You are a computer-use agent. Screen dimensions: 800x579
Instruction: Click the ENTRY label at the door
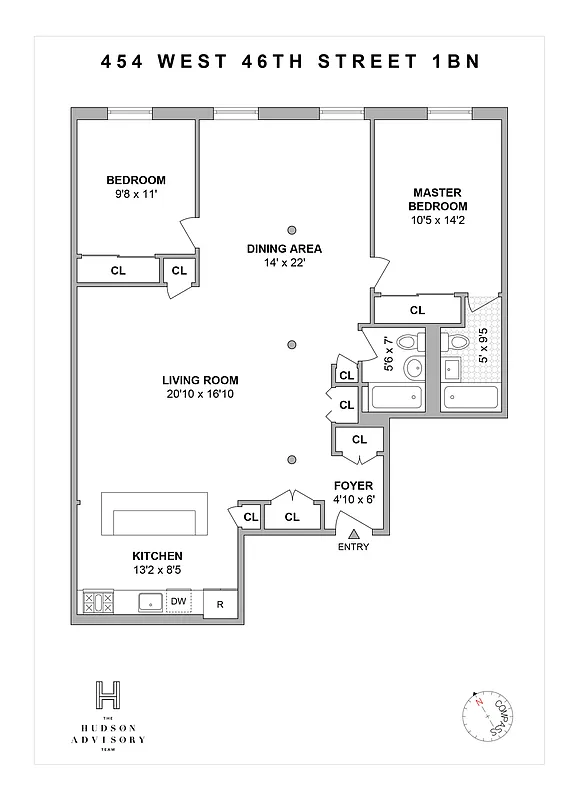click(353, 547)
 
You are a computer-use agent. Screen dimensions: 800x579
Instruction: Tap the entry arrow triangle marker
click(353, 534)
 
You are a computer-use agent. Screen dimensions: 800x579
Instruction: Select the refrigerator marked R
click(220, 603)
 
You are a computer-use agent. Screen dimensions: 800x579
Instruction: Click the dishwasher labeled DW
click(179, 601)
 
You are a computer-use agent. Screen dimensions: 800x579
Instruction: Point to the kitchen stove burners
click(98, 602)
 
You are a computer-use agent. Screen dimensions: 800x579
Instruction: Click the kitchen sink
click(149, 602)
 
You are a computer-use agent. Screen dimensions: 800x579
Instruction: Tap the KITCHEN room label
click(157, 556)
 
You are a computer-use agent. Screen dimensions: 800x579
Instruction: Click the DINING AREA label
click(285, 248)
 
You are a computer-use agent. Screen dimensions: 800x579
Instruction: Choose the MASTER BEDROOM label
click(438, 198)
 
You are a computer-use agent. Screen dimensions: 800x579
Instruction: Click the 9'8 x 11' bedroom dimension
click(135, 194)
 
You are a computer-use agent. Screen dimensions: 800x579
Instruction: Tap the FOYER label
click(353, 485)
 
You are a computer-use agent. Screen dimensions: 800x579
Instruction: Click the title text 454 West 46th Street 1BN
click(290, 61)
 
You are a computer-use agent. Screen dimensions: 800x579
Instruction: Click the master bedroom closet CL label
click(417, 310)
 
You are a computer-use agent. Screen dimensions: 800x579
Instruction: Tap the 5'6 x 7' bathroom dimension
click(389, 354)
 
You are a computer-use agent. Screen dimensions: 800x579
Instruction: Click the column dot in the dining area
click(291, 228)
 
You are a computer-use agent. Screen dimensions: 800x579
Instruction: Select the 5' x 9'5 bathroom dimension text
click(482, 344)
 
